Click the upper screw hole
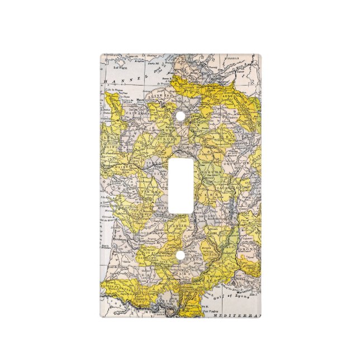tap(180, 116)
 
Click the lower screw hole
tap(180, 257)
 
